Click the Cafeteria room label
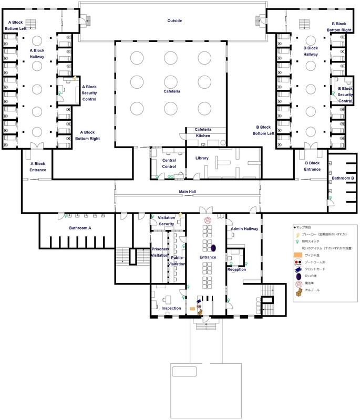(x=171, y=91)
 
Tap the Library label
(x=202, y=157)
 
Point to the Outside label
(x=174, y=20)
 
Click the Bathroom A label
(x=80, y=228)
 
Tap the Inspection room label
(x=171, y=308)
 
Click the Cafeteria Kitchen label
(x=202, y=132)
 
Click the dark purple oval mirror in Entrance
(x=214, y=247)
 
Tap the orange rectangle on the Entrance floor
(x=192, y=309)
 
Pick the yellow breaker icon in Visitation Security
(x=181, y=215)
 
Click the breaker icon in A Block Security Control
(x=75, y=79)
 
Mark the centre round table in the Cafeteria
(x=171, y=81)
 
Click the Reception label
(x=236, y=269)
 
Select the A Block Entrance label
(x=38, y=166)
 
